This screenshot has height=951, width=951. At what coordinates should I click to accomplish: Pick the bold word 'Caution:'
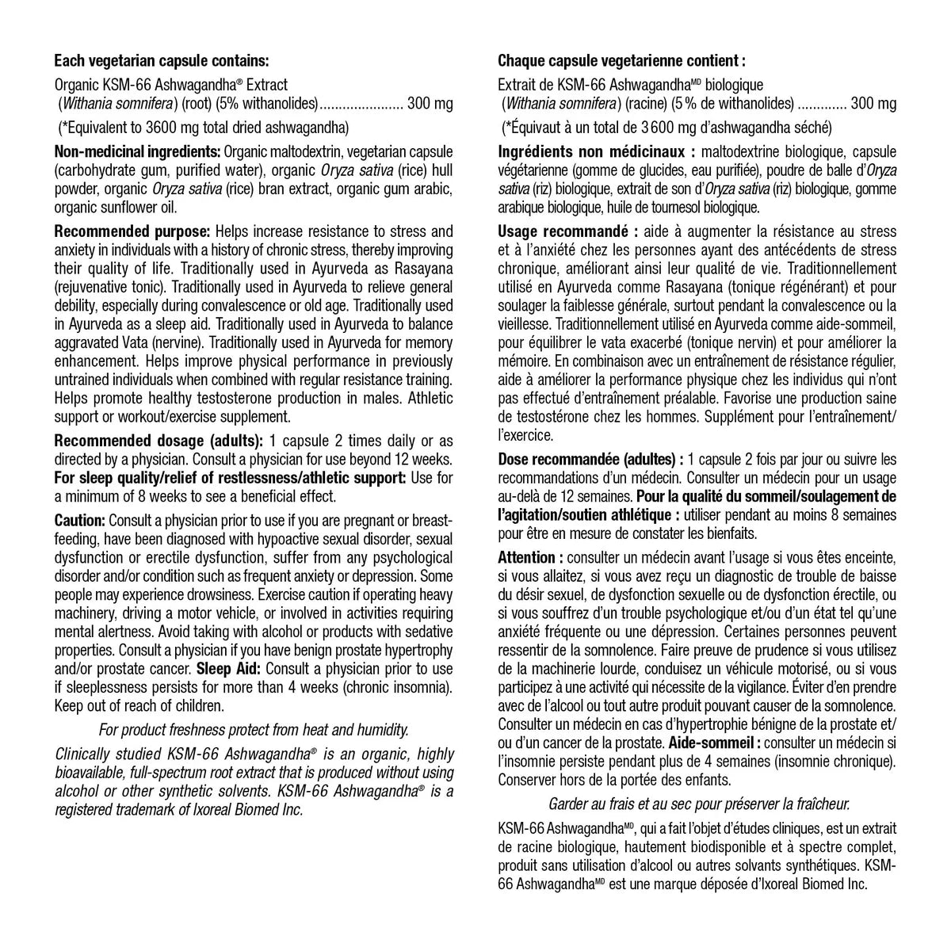[x=79, y=521]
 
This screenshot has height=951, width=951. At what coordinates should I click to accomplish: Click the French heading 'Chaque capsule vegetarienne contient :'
[x=621, y=60]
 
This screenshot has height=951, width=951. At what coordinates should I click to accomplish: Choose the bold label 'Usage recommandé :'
[x=567, y=231]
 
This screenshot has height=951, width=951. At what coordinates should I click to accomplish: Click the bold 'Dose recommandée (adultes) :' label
[x=590, y=459]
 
